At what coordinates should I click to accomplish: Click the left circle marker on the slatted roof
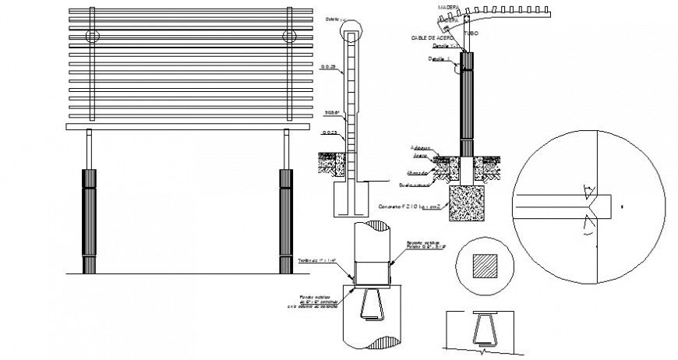click(93, 37)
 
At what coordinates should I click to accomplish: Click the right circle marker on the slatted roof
click(290, 37)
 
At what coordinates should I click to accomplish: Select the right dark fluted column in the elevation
click(284, 221)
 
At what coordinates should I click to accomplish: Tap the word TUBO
click(470, 34)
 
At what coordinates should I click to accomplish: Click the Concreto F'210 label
click(409, 207)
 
